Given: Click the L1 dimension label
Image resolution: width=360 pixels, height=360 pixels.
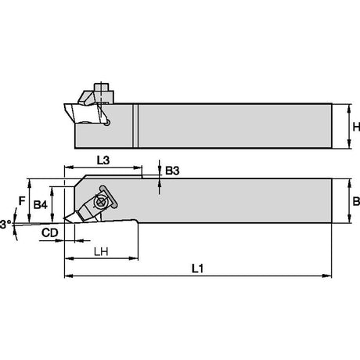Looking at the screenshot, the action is (x=197, y=268).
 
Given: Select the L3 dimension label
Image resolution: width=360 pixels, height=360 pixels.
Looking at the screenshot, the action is (x=103, y=160).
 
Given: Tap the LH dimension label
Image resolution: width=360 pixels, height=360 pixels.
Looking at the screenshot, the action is (x=101, y=252).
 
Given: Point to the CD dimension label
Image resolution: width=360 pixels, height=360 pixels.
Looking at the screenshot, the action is (x=50, y=232).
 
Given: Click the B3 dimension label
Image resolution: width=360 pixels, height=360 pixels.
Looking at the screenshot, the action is (x=172, y=171).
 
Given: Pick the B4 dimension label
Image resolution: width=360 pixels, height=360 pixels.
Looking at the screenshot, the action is (x=41, y=205).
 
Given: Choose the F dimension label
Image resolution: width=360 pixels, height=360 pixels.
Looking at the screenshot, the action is (x=22, y=201).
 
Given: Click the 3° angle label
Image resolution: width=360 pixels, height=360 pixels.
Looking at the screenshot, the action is (x=5, y=225).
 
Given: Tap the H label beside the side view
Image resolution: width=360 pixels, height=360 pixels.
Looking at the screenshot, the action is (x=356, y=127).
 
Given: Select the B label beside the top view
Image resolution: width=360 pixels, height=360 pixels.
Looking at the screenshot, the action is (x=356, y=201).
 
